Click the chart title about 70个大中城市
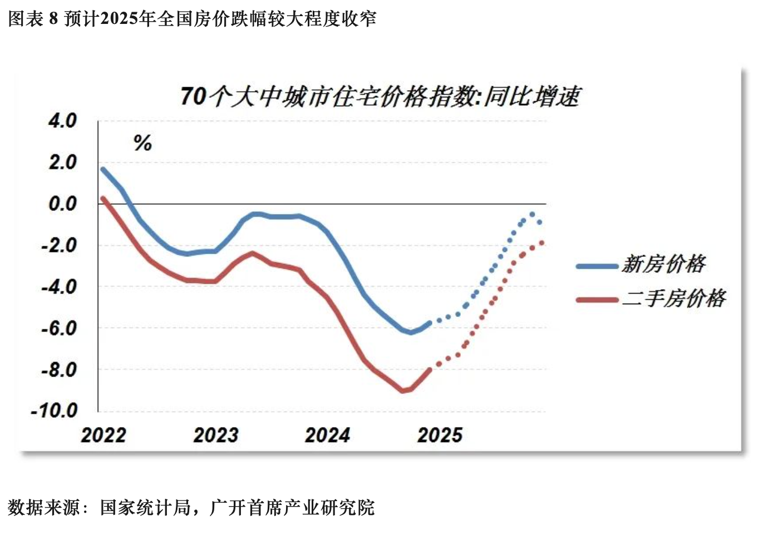click(x=380, y=96)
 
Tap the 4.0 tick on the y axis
click(x=62, y=121)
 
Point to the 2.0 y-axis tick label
click(x=62, y=162)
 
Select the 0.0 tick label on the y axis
click(x=62, y=204)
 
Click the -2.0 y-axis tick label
click(x=59, y=245)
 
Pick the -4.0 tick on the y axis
click(x=59, y=287)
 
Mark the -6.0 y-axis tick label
click(x=59, y=328)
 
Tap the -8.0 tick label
click(x=59, y=369)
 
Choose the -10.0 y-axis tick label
click(x=55, y=411)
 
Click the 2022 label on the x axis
click(x=103, y=435)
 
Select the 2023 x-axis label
click(x=216, y=435)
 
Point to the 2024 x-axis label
click(x=328, y=435)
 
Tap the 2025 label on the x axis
click(x=440, y=435)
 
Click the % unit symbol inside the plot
click(x=142, y=143)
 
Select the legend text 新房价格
click(x=664, y=264)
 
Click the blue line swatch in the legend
click(x=597, y=266)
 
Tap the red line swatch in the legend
click(x=597, y=300)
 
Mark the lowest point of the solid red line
click(x=403, y=391)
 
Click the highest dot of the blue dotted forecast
click(x=532, y=214)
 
